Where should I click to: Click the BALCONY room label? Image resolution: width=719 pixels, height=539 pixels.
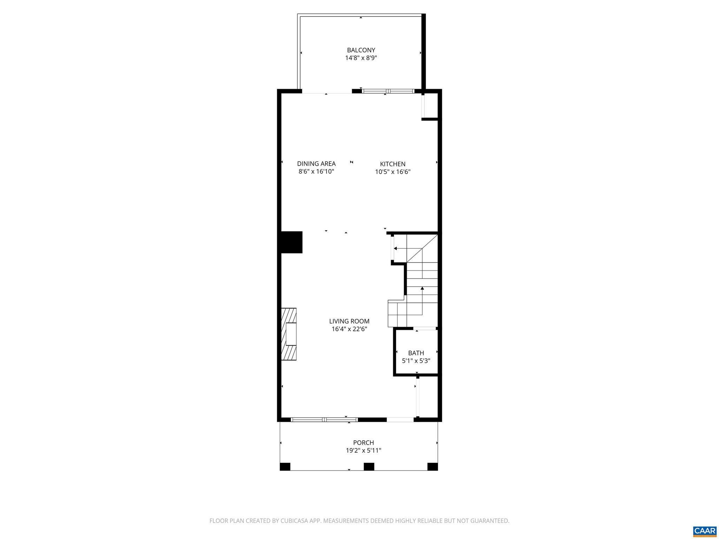pyautogui.click(x=361, y=50)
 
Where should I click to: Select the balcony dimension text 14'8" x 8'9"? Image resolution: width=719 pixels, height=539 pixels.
pyautogui.click(x=361, y=58)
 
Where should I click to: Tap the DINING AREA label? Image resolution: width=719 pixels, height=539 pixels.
pyautogui.click(x=316, y=164)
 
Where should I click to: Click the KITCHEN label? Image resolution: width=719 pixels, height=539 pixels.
pyautogui.click(x=393, y=164)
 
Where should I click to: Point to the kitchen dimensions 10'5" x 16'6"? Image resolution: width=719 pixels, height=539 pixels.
pyautogui.click(x=393, y=172)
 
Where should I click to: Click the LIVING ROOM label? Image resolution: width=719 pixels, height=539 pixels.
pyautogui.click(x=349, y=321)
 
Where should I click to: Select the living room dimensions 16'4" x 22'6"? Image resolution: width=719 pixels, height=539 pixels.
pyautogui.click(x=349, y=329)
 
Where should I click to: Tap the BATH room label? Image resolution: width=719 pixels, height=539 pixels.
pyautogui.click(x=416, y=353)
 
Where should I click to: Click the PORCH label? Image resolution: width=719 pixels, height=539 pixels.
pyautogui.click(x=363, y=443)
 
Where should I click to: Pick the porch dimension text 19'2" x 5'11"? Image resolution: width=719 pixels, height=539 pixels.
pyautogui.click(x=363, y=451)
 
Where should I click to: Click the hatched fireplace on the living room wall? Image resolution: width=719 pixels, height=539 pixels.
pyautogui.click(x=289, y=334)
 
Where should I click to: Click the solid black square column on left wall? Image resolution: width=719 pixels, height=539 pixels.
pyautogui.click(x=291, y=242)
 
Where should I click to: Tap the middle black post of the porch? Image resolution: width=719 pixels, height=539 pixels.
pyautogui.click(x=369, y=467)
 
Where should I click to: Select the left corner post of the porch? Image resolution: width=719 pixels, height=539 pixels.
pyautogui.click(x=285, y=467)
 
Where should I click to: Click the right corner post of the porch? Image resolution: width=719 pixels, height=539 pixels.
pyautogui.click(x=433, y=467)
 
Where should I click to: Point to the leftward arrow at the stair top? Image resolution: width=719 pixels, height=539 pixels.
pyautogui.click(x=396, y=248)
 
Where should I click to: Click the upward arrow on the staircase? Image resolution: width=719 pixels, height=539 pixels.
pyautogui.click(x=422, y=288)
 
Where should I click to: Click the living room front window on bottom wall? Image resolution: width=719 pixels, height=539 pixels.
pyautogui.click(x=324, y=419)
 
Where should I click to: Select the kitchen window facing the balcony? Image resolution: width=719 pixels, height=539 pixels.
pyautogui.click(x=388, y=91)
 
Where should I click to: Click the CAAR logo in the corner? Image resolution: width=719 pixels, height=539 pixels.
pyautogui.click(x=705, y=531)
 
